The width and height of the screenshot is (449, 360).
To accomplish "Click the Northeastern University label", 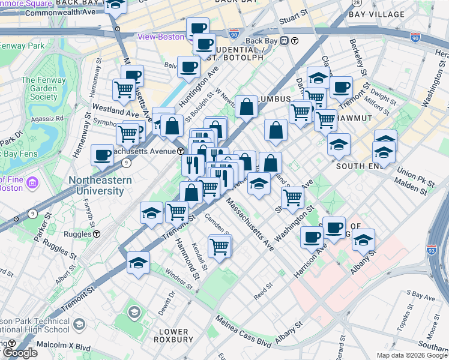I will pos(96,185).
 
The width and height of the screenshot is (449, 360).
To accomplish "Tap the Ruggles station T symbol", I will pos(96,234).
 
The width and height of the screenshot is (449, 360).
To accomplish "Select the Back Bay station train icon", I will pos(295,41).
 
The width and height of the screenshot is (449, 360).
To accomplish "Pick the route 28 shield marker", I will pos(356,4).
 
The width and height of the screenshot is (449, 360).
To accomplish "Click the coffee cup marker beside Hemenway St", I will pos(103,155).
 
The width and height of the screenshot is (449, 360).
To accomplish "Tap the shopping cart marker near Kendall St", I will pos(220,245).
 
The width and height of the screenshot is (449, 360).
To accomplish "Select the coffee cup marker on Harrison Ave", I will pos(312,238).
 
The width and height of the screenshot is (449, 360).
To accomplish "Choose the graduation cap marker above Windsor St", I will pos(139,263).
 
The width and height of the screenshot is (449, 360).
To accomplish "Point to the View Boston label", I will pos(160,37).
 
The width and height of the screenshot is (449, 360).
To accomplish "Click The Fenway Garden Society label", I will pos(40,88).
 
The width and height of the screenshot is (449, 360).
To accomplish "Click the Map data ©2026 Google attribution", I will pos(411,355).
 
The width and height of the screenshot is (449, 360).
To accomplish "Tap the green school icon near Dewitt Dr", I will pos(133,313).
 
